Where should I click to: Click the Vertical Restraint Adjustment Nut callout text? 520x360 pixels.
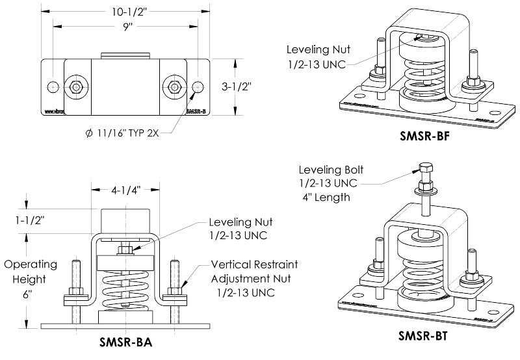pyautogui.click(x=254, y=279)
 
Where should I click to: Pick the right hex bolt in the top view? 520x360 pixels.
pyautogui.click(x=174, y=87)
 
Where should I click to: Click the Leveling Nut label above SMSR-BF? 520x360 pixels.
pyautogui.click(x=317, y=56)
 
